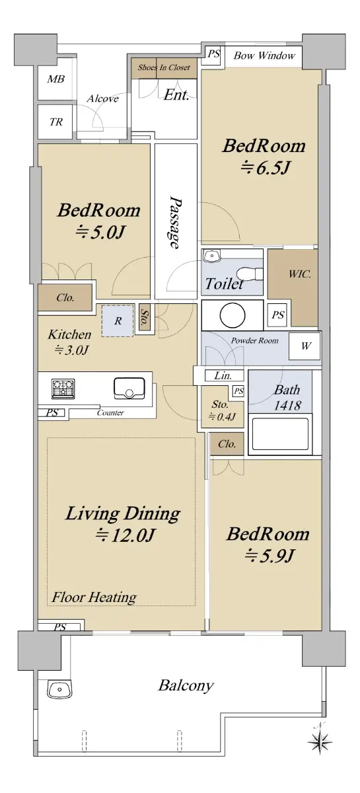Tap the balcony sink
pyautogui.click(x=59, y=689)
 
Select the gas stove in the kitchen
pyautogui.click(x=63, y=389)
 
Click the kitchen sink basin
pyautogui.click(x=129, y=389)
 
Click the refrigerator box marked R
pyautogui.click(x=118, y=321)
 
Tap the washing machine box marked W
pyautogui.click(x=305, y=346)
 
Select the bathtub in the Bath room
pyautogui.click(x=280, y=434)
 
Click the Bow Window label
pyautogui.click(x=264, y=56)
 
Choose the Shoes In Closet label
pyautogui.click(x=164, y=67)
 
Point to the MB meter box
pyautogui.click(x=56, y=79)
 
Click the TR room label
pyautogui.click(x=56, y=122)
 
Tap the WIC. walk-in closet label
pyautogui.click(x=299, y=274)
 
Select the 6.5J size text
pyautogui.click(x=266, y=168)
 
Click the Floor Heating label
pyautogui.click(x=94, y=597)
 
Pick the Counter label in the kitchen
pyautogui.click(x=110, y=413)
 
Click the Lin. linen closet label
pyautogui.click(x=223, y=375)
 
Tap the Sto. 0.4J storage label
pyautogui.click(x=222, y=410)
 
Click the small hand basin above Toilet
pyautogui.click(x=211, y=256)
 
